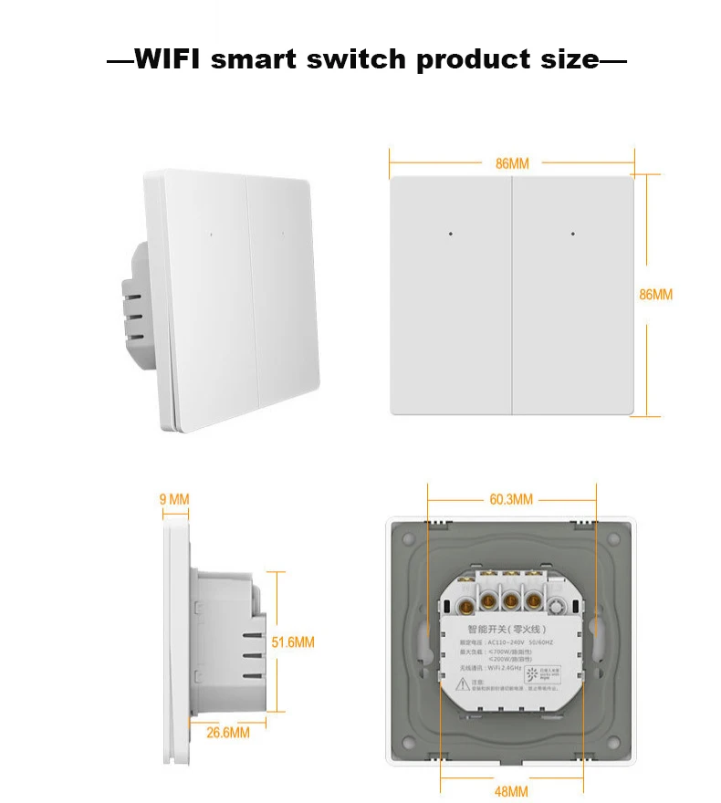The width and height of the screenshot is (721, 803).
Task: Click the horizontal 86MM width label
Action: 512,164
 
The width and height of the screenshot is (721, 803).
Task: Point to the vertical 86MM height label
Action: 655,295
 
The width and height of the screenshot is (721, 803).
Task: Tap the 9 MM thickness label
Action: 173,499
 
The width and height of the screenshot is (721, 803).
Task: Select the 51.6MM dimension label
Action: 293,642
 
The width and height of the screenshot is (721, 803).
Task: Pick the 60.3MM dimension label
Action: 511,499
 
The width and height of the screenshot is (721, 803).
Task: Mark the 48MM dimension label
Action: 511,791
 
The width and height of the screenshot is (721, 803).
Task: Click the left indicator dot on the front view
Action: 452,234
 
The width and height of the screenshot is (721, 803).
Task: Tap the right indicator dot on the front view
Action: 573,234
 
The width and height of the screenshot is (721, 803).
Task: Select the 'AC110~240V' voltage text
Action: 503,641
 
